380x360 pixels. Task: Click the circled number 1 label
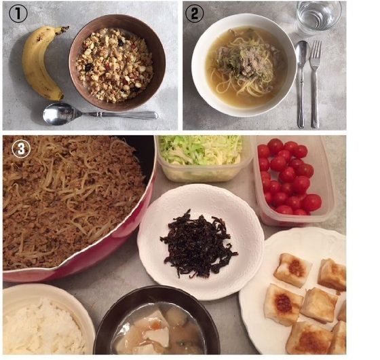tap(18, 14)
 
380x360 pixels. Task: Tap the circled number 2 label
tap(194, 14)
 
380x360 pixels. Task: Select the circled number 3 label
tap(21, 149)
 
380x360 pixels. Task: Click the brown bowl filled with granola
tap(117, 62)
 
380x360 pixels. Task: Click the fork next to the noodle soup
tap(315, 84)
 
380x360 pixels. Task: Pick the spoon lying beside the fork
tap(301, 84)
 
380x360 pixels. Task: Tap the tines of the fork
tap(316, 50)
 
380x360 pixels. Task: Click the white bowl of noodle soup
tap(244, 65)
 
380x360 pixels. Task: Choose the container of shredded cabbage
tap(204, 158)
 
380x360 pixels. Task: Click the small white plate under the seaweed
tap(200, 241)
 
